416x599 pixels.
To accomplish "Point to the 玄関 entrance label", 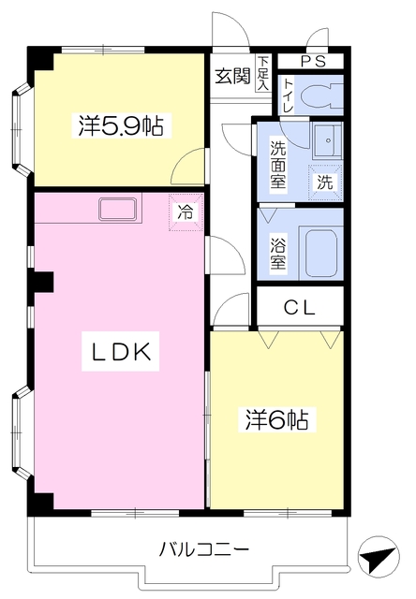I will pos(232,77).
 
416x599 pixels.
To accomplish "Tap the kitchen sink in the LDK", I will pos(119,210).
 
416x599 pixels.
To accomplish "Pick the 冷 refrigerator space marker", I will pos(186,212).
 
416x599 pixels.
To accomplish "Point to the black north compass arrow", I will pos(377,559).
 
